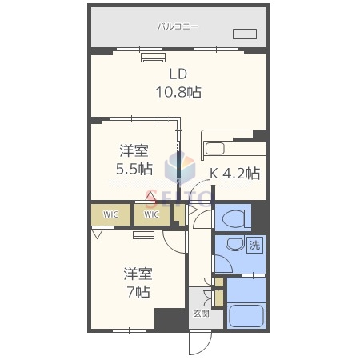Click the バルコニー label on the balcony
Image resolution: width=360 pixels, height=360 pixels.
coord(178,27)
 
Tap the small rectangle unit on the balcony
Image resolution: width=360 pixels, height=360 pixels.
coord(244,34)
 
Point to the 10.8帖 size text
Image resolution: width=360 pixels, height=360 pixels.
coord(177,93)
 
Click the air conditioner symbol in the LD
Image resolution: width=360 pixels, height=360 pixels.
coord(151,57)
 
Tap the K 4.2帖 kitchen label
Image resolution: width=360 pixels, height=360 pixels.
coord(234,173)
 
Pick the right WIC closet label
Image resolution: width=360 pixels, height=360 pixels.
coord(152,214)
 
